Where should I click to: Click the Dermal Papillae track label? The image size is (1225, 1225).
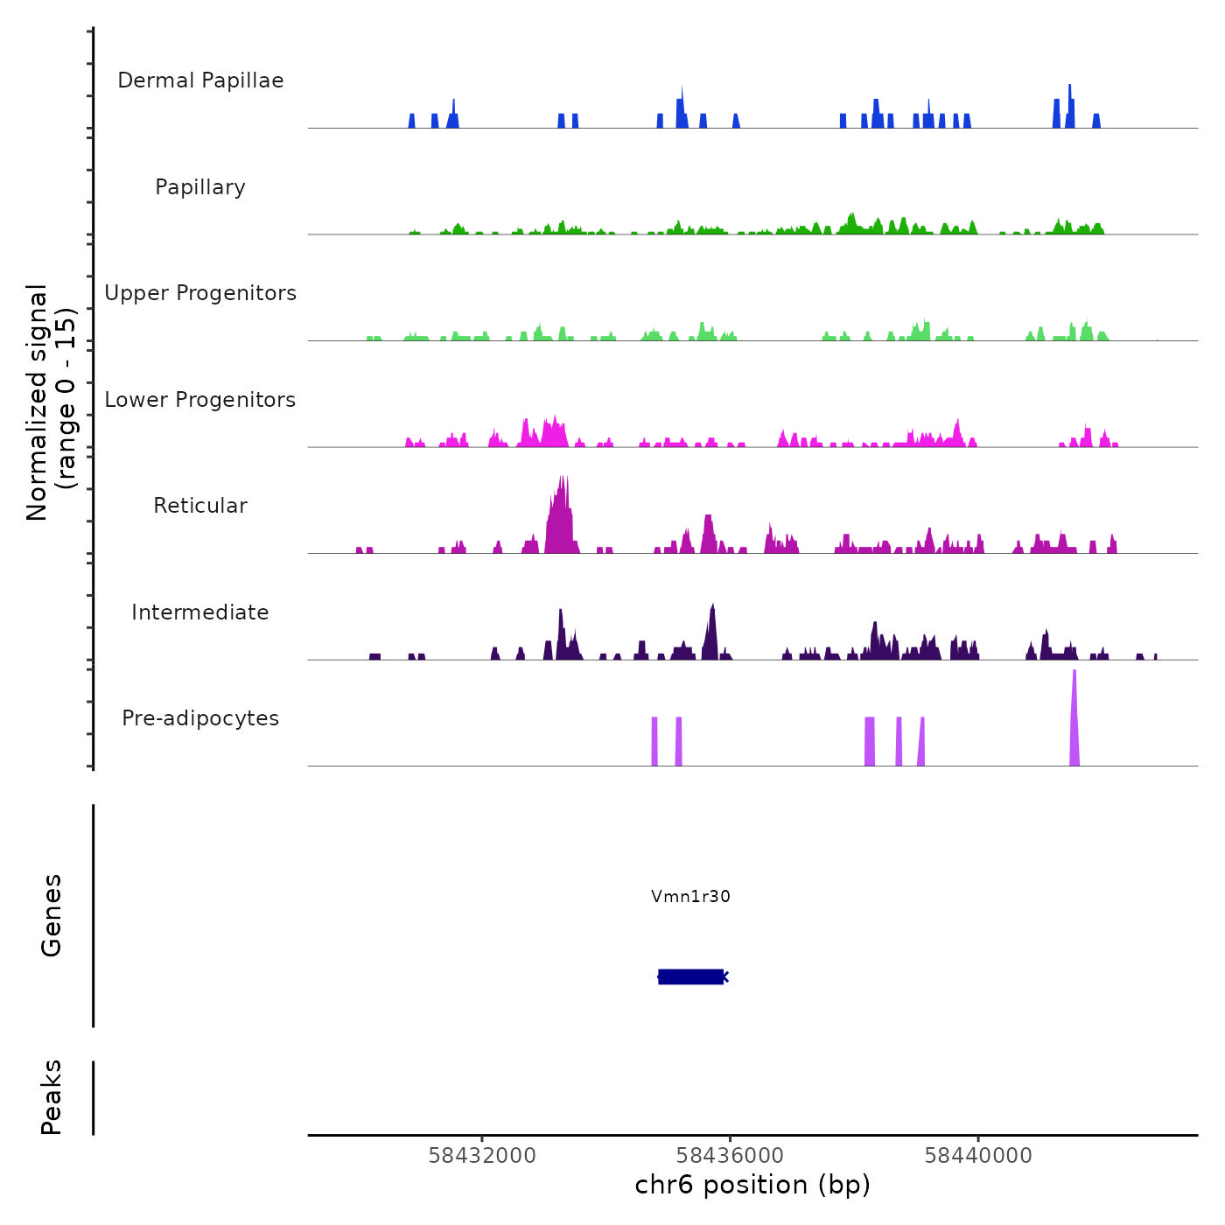click(x=200, y=80)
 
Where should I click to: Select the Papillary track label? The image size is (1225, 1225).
click(x=200, y=187)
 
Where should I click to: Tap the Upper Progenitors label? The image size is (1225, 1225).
click(x=200, y=293)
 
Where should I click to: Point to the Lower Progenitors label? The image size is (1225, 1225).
click(x=200, y=400)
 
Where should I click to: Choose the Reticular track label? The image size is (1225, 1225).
click(x=200, y=506)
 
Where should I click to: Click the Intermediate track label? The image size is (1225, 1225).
click(x=200, y=612)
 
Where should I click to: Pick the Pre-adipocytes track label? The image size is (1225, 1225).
click(x=200, y=718)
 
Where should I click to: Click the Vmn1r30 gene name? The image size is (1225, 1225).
click(x=690, y=896)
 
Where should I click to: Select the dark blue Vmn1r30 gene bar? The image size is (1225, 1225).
click(x=690, y=976)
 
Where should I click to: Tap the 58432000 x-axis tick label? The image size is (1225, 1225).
click(x=482, y=1156)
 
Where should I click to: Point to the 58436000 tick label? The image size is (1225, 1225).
click(x=731, y=1156)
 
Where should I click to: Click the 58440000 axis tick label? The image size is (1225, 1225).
click(x=978, y=1156)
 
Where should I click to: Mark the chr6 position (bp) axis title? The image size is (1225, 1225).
click(x=752, y=1185)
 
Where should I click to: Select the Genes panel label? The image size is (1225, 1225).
click(x=52, y=915)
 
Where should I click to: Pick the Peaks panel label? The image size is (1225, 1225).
click(x=52, y=1097)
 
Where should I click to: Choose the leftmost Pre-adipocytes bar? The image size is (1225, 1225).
click(x=654, y=741)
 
